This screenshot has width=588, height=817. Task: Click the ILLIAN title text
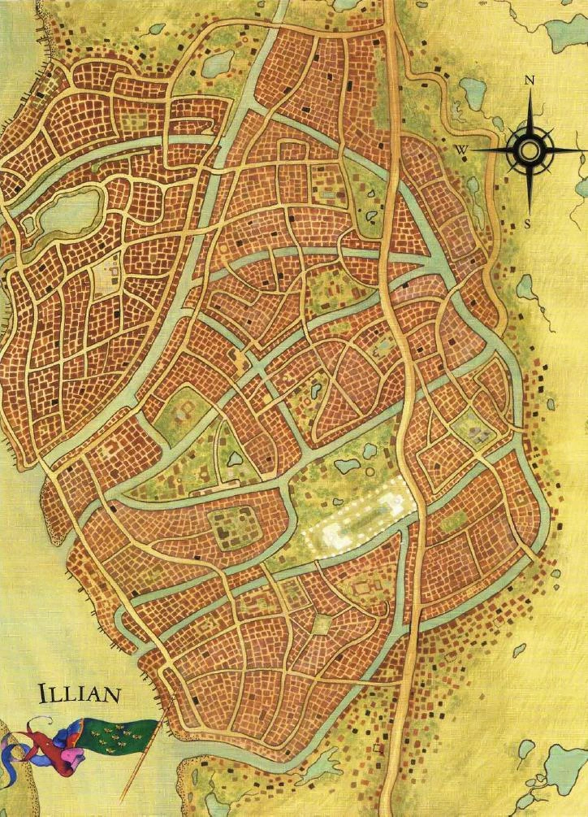coord(78,695)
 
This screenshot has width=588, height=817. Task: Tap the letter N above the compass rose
coord(529,80)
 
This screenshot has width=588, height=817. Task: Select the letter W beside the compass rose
coord(460,150)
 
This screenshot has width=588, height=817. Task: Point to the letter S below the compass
coord(528,224)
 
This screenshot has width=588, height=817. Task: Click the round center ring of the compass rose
coord(529,150)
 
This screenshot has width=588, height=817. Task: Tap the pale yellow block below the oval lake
coord(106,276)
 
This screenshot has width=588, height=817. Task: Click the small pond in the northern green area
coord(218,61)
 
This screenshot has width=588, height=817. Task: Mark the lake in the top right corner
coord(565,33)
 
